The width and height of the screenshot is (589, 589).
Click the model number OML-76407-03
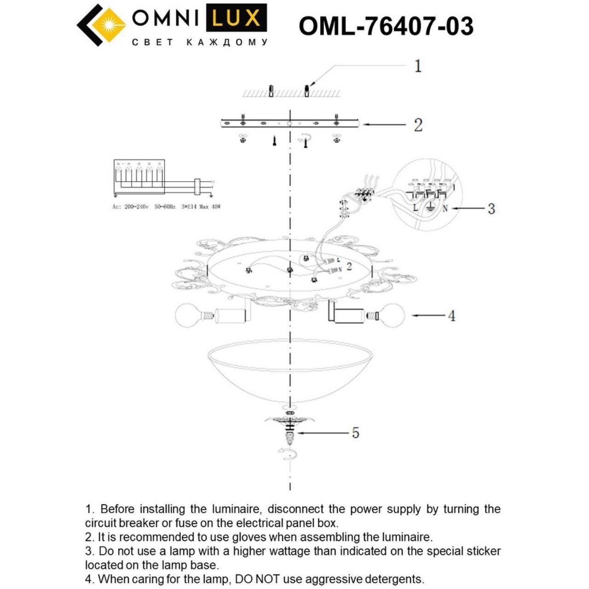(386, 26)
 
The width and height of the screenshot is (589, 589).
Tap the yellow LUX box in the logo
(236, 19)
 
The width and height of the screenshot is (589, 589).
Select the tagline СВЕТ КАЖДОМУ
(199, 42)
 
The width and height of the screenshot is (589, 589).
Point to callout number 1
(417, 66)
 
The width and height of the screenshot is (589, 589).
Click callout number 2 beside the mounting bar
(417, 125)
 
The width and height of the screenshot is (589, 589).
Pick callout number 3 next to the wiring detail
(491, 209)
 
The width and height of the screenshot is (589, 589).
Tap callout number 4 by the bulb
(451, 316)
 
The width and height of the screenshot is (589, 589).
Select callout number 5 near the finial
(355, 433)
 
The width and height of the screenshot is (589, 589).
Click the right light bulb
(391, 316)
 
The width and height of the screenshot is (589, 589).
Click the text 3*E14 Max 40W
(201, 207)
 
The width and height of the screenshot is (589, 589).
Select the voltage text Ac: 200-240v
(130, 207)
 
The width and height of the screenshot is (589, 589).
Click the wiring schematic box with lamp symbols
(139, 177)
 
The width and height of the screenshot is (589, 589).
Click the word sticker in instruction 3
(483, 551)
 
